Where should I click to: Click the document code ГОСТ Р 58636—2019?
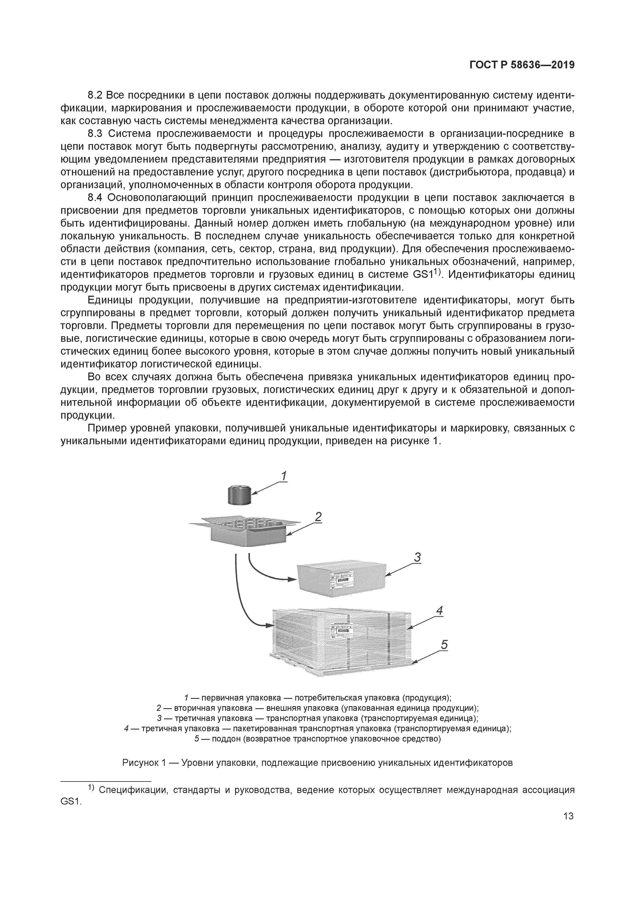522,65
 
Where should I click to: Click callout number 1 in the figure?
284,476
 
